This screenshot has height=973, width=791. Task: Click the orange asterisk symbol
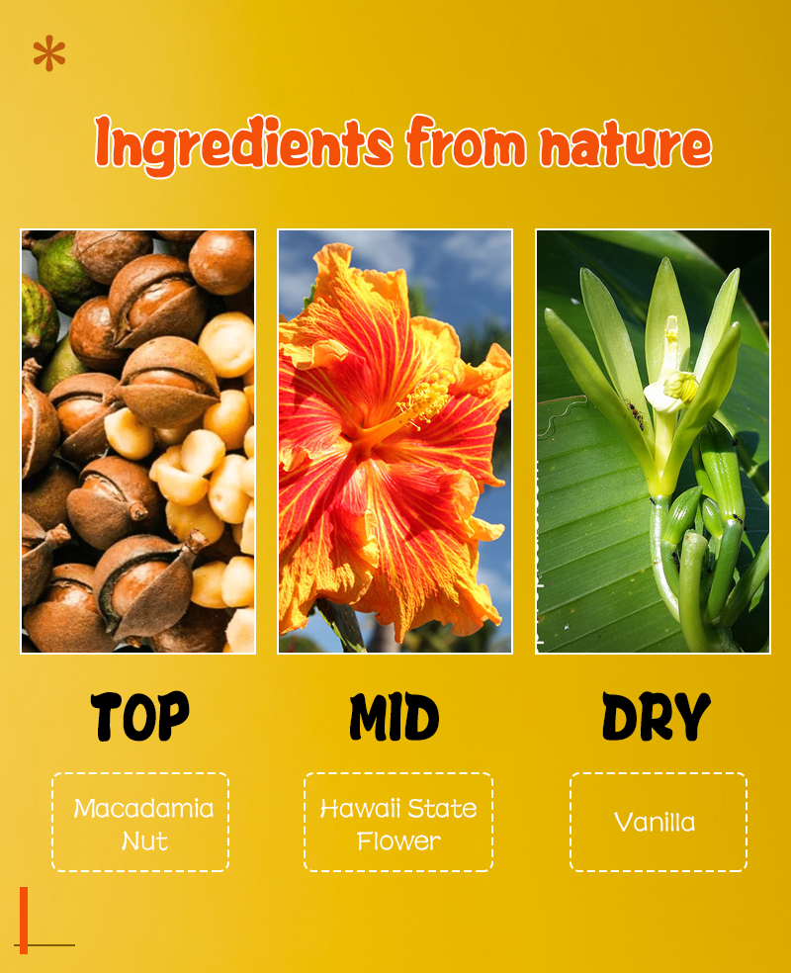[49, 53]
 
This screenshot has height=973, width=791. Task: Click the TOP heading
[140, 716]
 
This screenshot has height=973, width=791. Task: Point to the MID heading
[394, 717]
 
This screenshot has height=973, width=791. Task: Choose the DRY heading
[657, 717]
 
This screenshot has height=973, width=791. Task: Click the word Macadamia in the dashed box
[143, 808]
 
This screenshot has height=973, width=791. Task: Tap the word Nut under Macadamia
[144, 840]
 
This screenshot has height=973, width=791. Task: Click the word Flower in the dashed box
[398, 840]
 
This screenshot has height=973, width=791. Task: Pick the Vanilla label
[655, 823]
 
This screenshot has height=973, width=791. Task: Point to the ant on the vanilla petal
[636, 413]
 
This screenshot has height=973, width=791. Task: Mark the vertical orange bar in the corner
[24, 921]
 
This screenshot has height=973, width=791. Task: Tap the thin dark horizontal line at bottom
[44, 945]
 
